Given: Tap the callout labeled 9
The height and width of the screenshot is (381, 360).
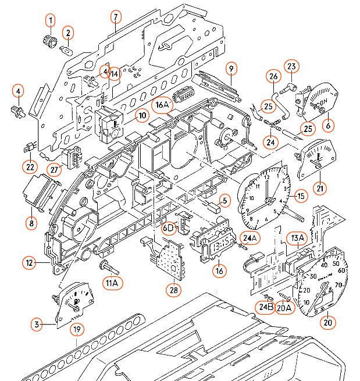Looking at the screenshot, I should pyautogui.click(x=231, y=68).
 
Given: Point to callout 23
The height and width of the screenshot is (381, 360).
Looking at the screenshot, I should pyautogui.click(x=291, y=66).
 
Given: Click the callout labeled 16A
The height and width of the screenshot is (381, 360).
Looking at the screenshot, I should pyautogui.click(x=163, y=105).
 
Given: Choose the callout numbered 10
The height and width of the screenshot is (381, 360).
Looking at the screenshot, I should pyautogui.click(x=142, y=115).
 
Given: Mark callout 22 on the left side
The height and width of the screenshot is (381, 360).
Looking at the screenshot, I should pyautogui.click(x=30, y=167).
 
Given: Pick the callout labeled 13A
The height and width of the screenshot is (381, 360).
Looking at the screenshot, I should pyautogui.click(x=298, y=237).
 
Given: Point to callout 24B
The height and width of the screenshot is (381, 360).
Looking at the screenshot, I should pyautogui.click(x=266, y=307).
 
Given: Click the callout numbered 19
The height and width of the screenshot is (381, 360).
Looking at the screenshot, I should pyautogui.click(x=76, y=330).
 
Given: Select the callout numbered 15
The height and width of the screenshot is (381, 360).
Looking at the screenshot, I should pyautogui.click(x=301, y=197).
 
